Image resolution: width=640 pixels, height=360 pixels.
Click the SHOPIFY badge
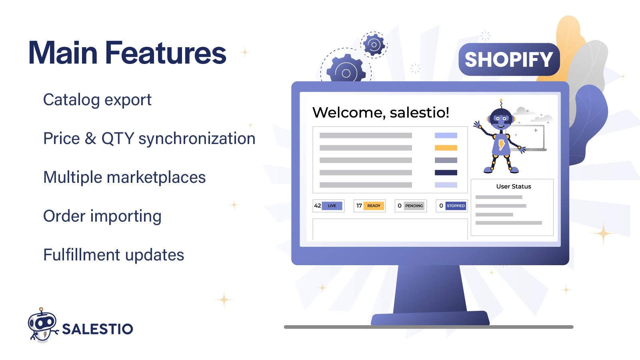(509, 60)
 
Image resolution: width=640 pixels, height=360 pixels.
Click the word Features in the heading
(166, 53)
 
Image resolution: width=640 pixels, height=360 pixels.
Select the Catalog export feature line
(97, 100)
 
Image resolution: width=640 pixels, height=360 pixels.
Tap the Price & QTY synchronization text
(149, 139)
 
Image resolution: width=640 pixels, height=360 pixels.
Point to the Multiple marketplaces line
(124, 177)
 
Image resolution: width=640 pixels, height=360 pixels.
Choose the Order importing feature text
(102, 216)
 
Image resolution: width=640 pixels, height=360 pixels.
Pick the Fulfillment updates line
(114, 255)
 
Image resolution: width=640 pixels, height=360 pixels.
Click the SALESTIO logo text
(97, 329)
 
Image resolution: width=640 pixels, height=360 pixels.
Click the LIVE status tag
(332, 206)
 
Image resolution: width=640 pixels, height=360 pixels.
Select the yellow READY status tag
(374, 206)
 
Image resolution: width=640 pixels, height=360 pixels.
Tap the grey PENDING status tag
(414, 206)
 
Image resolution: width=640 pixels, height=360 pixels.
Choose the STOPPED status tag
(456, 206)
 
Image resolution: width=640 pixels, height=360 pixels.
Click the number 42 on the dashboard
(317, 206)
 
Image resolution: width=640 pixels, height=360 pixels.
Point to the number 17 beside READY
(359, 206)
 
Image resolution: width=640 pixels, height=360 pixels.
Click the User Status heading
(514, 186)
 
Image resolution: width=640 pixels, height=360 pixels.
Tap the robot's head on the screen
(501, 118)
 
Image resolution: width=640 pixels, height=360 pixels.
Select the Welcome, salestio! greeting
(380, 112)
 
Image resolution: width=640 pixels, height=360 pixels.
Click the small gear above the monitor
(374, 45)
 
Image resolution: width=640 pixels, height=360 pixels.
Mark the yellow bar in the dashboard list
(446, 148)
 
